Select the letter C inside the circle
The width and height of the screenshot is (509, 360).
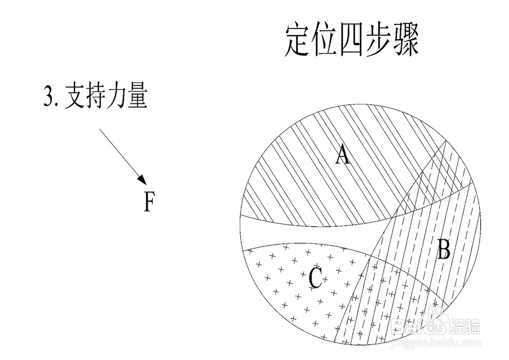click(x=315, y=278)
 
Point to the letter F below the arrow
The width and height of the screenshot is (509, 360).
click(x=148, y=202)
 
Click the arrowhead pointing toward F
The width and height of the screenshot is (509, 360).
click(x=143, y=180)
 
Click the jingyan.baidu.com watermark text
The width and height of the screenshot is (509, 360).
click(x=435, y=345)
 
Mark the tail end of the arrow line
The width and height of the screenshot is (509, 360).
click(x=100, y=129)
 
